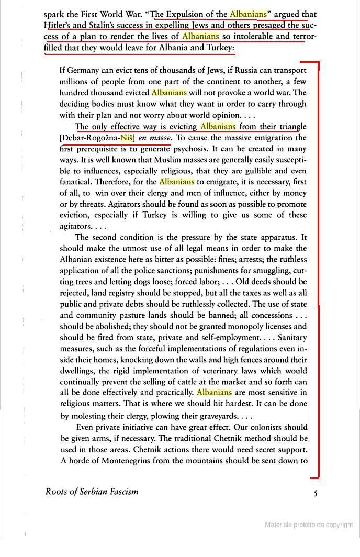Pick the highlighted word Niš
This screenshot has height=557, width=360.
[x=127, y=138]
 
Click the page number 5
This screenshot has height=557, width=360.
[x=315, y=493]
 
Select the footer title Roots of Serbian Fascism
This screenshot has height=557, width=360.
[x=92, y=492]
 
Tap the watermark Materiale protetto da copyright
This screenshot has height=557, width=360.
[x=309, y=525]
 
